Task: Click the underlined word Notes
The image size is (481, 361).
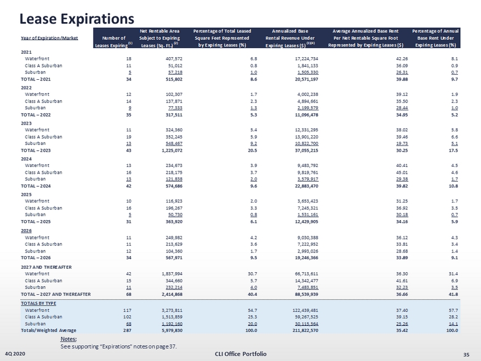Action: click(68, 339)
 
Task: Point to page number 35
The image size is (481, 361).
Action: click(466, 354)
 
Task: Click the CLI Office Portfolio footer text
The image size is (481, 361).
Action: click(240, 354)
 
